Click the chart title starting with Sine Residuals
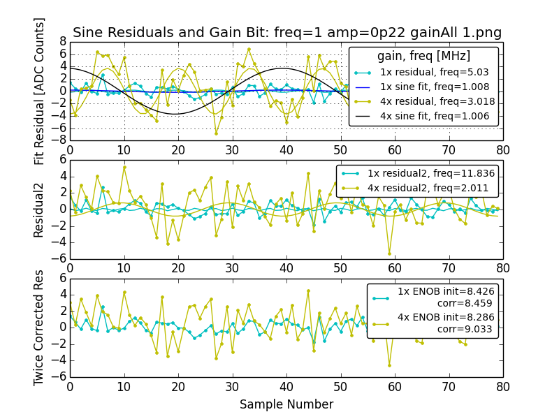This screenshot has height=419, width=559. (x=286, y=33)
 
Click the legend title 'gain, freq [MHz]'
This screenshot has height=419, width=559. (x=423, y=56)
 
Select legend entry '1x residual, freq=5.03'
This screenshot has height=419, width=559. (x=434, y=72)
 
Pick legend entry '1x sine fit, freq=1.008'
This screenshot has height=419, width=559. (x=434, y=87)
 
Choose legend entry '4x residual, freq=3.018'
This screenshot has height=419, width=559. (x=434, y=101)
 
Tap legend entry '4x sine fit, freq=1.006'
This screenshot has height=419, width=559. (x=434, y=116)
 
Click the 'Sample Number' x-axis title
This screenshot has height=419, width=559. (x=286, y=404)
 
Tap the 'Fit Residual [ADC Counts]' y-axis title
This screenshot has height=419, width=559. (x=40, y=91)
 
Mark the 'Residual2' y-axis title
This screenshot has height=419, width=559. (x=40, y=209)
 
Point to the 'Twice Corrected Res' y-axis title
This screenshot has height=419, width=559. (x=40, y=327)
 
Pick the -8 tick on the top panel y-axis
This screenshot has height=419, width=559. (x=60, y=140)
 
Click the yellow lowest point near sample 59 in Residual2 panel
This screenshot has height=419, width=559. (x=389, y=253)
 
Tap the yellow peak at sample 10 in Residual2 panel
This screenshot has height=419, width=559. (x=124, y=167)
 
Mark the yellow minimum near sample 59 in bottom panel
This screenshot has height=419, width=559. (x=389, y=365)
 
